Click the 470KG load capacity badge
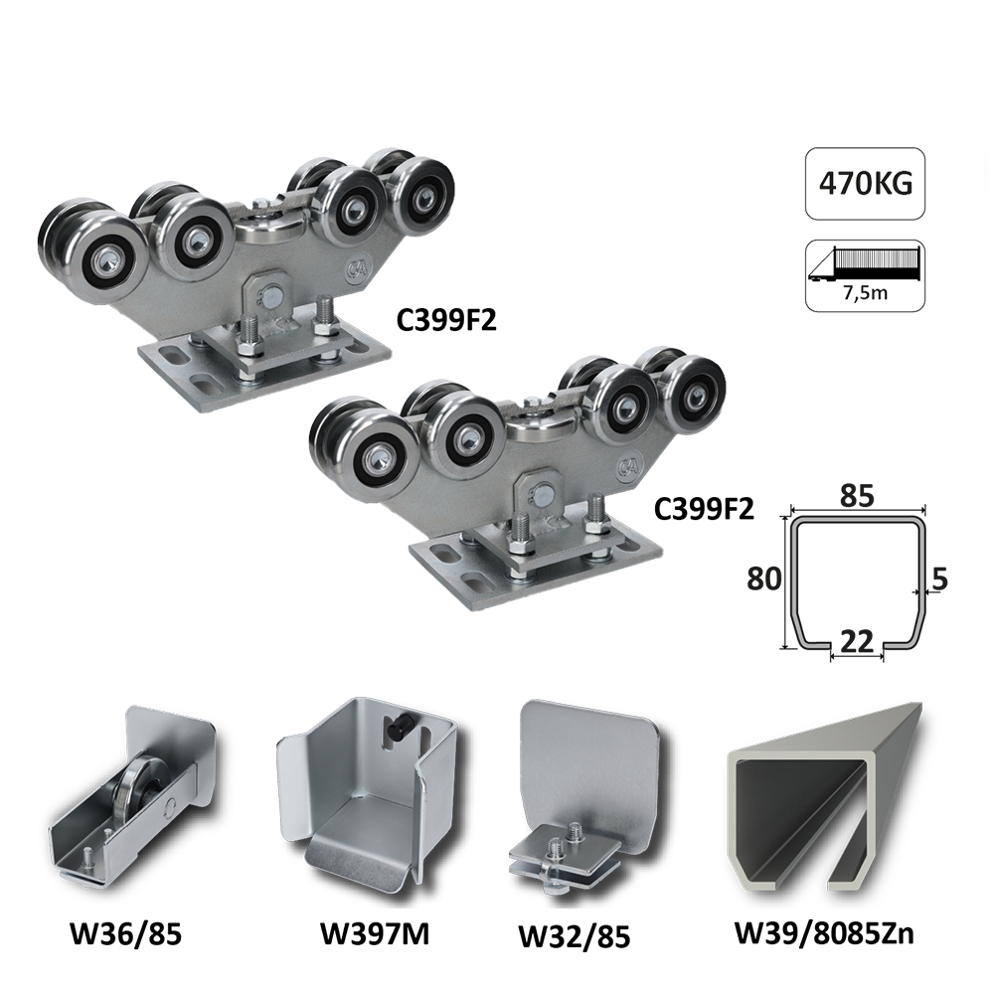pyautogui.click(x=866, y=184)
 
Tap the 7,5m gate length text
pyautogui.click(x=867, y=293)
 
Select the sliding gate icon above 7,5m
pyautogui.click(x=865, y=263)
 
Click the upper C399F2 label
pyautogui.click(x=446, y=321)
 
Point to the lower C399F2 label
pyautogui.click(x=704, y=509)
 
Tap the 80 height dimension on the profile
pyautogui.click(x=763, y=579)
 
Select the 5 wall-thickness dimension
pyautogui.click(x=940, y=579)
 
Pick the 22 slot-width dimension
pyautogui.click(x=857, y=641)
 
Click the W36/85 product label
pyautogui.click(x=126, y=934)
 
